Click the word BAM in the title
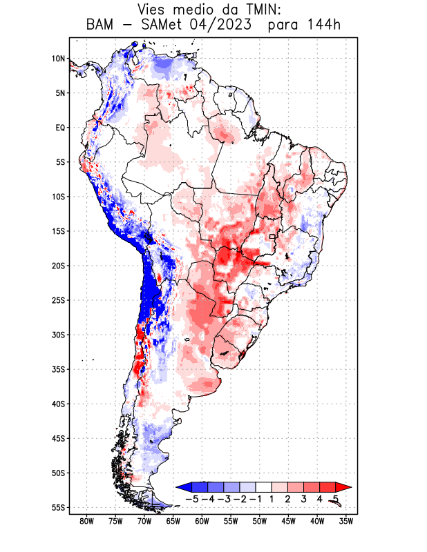coord(101,26)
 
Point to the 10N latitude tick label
coord(58,59)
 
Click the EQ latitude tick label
coord(60,128)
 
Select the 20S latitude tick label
coord(58,266)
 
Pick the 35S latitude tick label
coord(58,369)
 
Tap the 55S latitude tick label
coord(58,507)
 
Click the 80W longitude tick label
coord(86,521)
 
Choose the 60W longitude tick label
coord(202,521)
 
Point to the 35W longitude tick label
coord(346,521)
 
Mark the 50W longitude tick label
coord(260,521)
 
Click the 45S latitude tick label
coord(58,438)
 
